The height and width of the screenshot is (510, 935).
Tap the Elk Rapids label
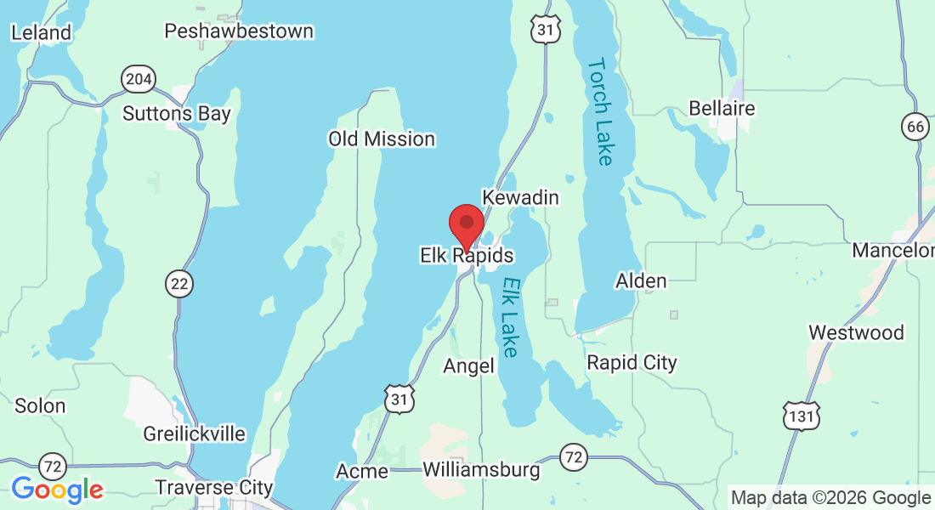point(467,255)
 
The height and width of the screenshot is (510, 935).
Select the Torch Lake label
point(601,111)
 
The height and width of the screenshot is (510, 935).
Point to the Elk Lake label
point(509,317)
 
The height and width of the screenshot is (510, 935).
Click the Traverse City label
point(214,487)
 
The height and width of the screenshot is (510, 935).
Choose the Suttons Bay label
point(177,113)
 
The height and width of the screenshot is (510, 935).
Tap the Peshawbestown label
point(239,31)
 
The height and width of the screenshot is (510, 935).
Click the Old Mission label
point(382,139)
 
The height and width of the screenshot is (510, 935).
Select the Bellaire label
point(722,109)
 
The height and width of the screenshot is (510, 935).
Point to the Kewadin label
point(520,197)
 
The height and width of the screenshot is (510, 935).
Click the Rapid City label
point(632,363)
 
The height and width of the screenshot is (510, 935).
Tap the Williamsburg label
point(481,469)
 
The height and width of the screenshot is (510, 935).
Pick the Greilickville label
point(195,433)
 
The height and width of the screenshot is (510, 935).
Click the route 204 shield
point(139,80)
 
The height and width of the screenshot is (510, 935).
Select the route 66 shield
point(915,127)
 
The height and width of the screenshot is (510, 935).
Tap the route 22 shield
point(178,284)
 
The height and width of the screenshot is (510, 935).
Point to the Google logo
point(57,489)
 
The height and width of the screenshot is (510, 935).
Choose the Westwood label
point(856,332)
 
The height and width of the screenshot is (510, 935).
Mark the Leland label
point(41,32)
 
